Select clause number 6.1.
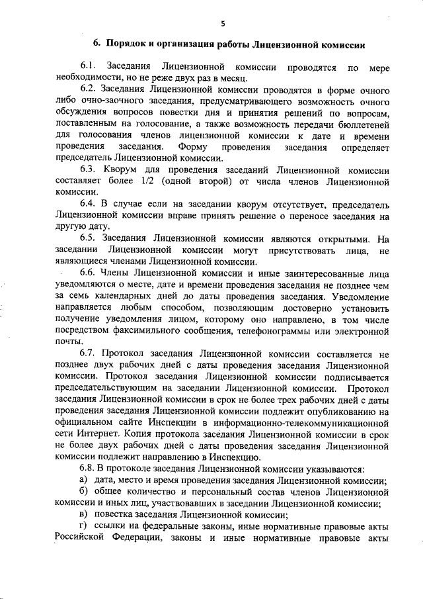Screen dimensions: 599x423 pyautogui.click(x=89, y=68)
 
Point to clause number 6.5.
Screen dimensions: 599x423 pyautogui.click(x=89, y=237)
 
